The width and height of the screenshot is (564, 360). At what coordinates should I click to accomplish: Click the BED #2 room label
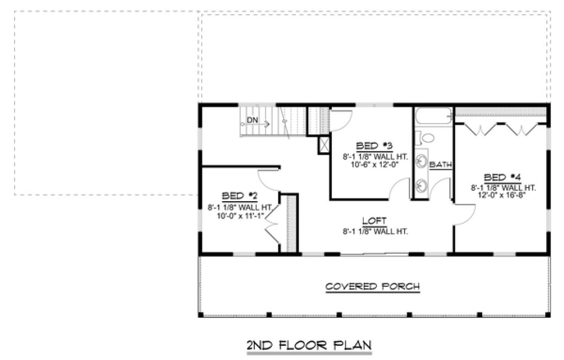pyautogui.click(x=239, y=196)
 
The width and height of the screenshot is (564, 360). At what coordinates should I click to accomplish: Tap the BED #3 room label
pyautogui.click(x=374, y=146)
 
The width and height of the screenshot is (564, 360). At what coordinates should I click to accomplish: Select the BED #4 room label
pyautogui.click(x=502, y=177)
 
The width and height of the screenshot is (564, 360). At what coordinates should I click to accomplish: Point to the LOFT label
pyautogui.click(x=374, y=221)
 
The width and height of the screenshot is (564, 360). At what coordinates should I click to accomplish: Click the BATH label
pyautogui.click(x=441, y=164)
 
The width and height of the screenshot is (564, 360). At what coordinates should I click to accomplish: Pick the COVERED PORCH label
pyautogui.click(x=373, y=286)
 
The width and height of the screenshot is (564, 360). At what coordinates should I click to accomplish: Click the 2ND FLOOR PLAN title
pyautogui.click(x=309, y=345)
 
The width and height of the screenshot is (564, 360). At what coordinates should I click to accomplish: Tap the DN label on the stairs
pyautogui.click(x=252, y=120)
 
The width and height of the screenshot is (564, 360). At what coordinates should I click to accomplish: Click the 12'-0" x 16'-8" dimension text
pyautogui.click(x=502, y=196)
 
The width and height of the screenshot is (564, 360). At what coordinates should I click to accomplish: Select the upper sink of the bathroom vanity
pyautogui.click(x=421, y=161)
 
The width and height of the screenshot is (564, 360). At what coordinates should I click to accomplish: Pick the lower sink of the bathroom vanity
pyautogui.click(x=421, y=185)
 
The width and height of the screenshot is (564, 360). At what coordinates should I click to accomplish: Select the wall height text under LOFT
pyautogui.click(x=374, y=230)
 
